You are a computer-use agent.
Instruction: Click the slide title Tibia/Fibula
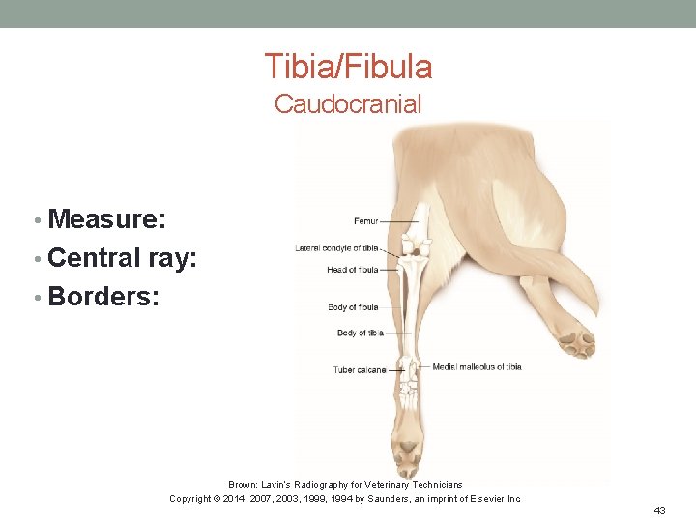click(x=348, y=67)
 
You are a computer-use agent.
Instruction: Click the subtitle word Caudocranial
click(x=348, y=104)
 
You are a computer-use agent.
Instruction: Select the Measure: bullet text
click(x=106, y=219)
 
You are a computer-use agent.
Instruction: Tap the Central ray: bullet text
click(x=122, y=258)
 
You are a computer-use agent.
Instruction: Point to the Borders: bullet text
click(x=102, y=296)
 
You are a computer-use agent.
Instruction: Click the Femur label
click(x=366, y=221)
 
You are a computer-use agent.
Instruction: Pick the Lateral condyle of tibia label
click(x=336, y=248)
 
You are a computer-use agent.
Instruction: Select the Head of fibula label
click(x=352, y=270)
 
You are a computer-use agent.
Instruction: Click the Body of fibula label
click(x=353, y=307)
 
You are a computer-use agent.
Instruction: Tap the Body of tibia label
click(x=360, y=333)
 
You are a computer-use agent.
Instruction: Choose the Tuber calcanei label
click(x=360, y=369)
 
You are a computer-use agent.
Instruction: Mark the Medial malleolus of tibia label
click(x=477, y=366)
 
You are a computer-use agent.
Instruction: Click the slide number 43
click(x=660, y=509)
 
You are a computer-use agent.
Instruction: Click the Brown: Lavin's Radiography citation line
click(x=345, y=484)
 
